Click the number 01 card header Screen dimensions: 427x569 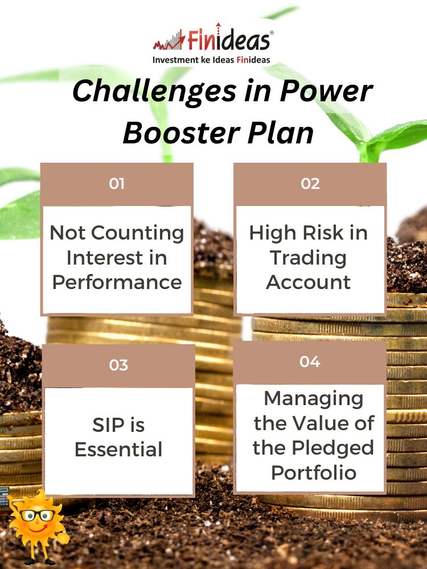(117, 184)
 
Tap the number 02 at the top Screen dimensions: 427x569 (310, 184)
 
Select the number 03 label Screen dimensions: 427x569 (118, 365)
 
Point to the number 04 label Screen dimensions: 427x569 (310, 361)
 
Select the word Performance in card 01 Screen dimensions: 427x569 (117, 283)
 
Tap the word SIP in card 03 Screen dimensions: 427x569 (108, 425)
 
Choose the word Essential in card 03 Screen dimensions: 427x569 (118, 450)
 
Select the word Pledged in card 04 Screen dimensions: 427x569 (332, 448)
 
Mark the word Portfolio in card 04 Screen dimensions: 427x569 (313, 472)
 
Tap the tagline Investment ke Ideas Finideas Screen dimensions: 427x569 (211, 60)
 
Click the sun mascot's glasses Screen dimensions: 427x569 (38, 516)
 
